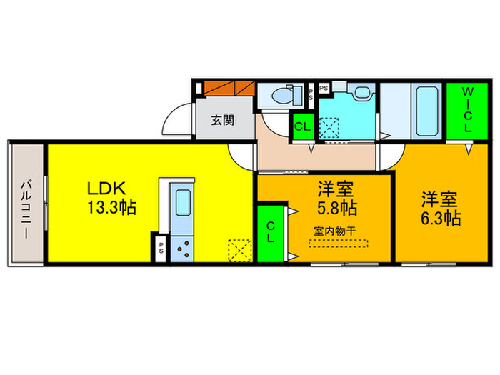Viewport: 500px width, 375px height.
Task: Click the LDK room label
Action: pos(106,189)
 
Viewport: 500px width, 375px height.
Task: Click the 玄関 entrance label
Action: pos(221,121)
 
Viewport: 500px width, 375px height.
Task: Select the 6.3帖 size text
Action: pos(440,219)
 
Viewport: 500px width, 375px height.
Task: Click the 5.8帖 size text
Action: pos(336,209)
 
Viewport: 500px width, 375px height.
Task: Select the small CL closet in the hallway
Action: pos(302,128)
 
